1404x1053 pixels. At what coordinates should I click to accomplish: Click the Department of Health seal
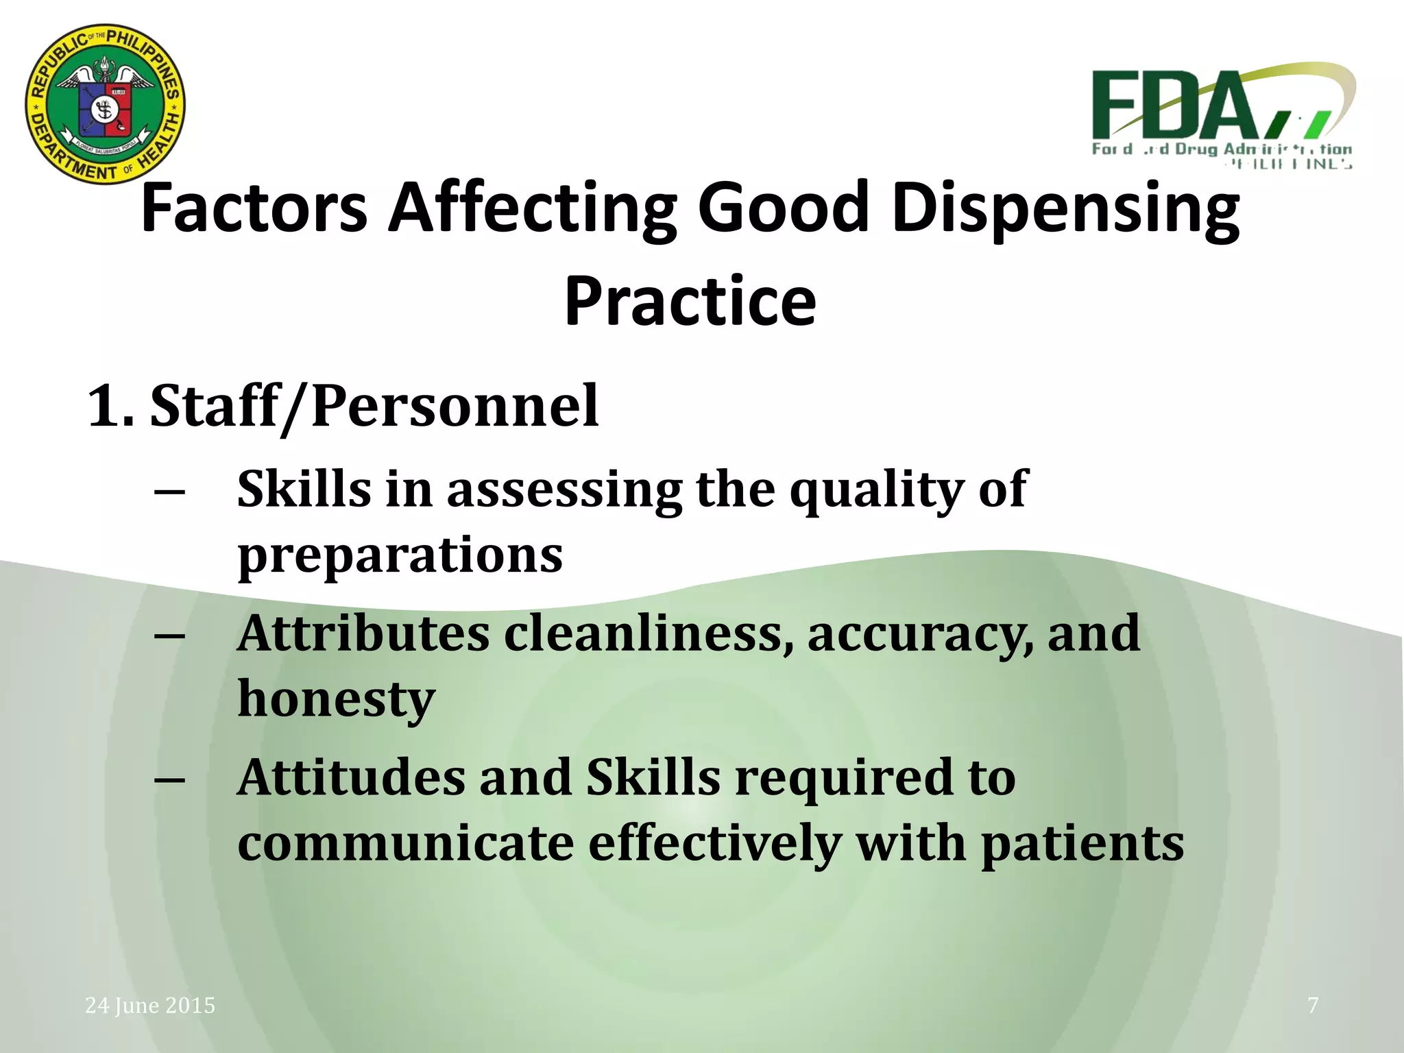[105, 104]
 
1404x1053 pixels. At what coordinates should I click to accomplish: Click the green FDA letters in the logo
[1176, 106]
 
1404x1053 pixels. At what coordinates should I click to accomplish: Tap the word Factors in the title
[254, 207]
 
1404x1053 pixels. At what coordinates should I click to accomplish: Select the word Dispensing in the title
[1065, 208]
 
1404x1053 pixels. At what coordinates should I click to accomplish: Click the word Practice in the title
[690, 302]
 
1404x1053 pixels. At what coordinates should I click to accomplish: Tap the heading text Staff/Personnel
[374, 406]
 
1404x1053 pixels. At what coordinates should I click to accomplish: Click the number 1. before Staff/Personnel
[110, 406]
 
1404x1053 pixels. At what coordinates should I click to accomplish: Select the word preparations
[400, 555]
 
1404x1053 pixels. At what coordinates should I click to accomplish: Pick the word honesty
[336, 699]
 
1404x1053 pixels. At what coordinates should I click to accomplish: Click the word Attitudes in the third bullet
[351, 777]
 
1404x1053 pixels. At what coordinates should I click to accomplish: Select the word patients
[1082, 843]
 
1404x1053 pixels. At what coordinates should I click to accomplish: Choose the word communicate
[405, 843]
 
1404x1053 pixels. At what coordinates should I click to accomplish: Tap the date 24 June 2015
[150, 1005]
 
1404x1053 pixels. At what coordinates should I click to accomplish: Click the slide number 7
[1313, 1005]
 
